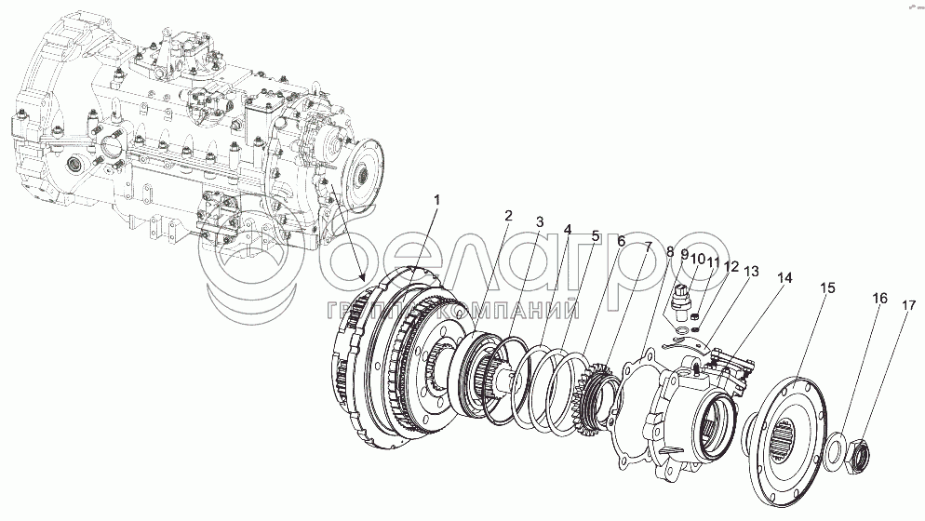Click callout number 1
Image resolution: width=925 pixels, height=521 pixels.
tap(436, 200)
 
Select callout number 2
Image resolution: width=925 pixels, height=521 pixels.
tap(508, 215)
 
